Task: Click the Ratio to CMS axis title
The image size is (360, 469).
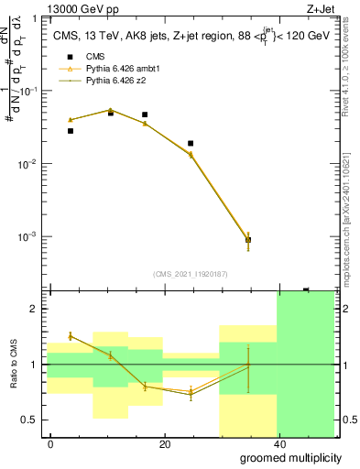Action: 14,365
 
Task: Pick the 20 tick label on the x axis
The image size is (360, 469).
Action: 164,444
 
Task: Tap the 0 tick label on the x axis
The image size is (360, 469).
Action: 50,444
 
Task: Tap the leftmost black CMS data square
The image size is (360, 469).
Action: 71,131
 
